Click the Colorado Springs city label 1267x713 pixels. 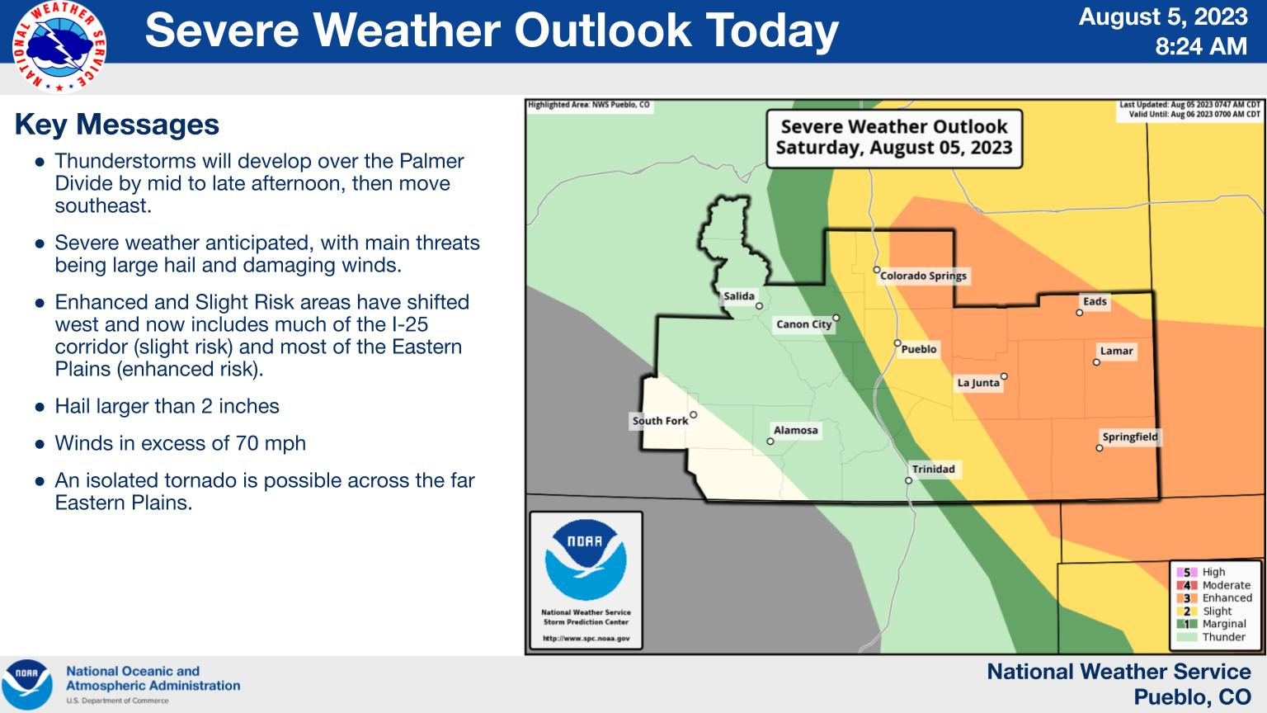[x=923, y=276]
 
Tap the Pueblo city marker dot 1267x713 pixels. [x=897, y=343]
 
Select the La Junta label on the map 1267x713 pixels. [x=978, y=383]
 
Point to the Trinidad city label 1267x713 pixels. [x=933, y=469]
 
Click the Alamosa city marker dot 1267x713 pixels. [x=770, y=441]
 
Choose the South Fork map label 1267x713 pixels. [x=660, y=421]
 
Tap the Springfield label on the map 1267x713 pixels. [x=1129, y=437]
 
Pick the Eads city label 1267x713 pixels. [x=1095, y=301]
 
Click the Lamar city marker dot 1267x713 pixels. [x=1096, y=362]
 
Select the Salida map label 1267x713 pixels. [x=739, y=296]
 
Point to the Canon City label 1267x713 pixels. [x=803, y=324]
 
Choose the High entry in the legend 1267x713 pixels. [x=1201, y=572]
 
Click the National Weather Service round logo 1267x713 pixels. [x=59, y=47]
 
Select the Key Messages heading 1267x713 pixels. [x=116, y=125]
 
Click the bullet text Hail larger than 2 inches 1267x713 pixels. [x=167, y=406]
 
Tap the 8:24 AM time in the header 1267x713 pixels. [x=1201, y=46]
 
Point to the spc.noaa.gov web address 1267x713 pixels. [x=586, y=638]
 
